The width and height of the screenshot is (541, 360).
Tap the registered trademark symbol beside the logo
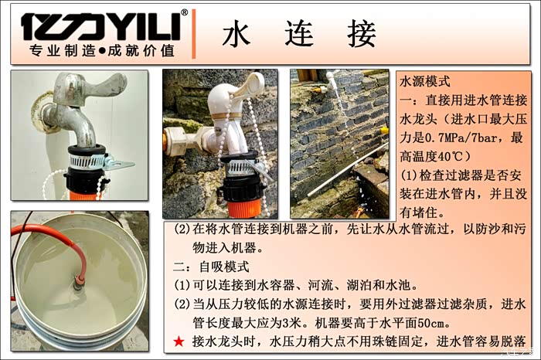(x=185, y=13)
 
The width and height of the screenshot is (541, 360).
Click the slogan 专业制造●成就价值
(x=102, y=51)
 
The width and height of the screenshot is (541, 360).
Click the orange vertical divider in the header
(x=193, y=34)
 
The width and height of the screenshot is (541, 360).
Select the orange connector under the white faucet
(x=244, y=208)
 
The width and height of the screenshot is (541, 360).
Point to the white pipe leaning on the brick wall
(x=348, y=170)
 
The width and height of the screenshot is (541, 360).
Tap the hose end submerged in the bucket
(x=77, y=282)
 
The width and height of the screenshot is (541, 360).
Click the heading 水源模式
(x=425, y=82)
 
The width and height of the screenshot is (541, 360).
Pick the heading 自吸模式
(x=224, y=267)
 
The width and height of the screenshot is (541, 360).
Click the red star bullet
(x=179, y=341)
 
